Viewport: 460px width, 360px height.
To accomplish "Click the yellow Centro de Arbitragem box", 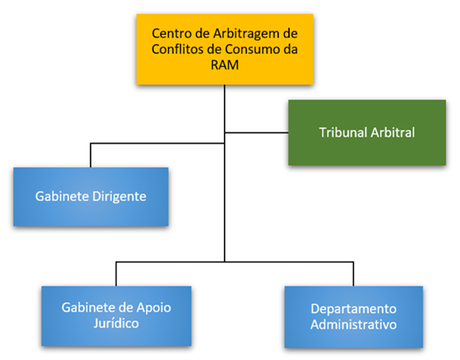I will (x=224, y=49).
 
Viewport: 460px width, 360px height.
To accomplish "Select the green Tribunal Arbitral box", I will (x=366, y=133).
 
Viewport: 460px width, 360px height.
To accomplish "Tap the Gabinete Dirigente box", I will (x=90, y=197).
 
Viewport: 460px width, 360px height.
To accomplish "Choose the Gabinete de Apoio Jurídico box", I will (x=116, y=316).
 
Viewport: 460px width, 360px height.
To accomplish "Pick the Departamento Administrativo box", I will (x=353, y=316).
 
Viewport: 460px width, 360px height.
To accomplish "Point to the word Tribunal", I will (x=342, y=133).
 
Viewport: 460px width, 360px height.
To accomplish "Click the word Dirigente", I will (x=119, y=197).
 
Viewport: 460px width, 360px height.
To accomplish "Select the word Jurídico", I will (x=116, y=324).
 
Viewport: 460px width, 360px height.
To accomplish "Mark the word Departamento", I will (x=353, y=309).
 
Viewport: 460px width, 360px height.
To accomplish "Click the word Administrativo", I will (x=353, y=325).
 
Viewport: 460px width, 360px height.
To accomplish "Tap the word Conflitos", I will (x=178, y=50).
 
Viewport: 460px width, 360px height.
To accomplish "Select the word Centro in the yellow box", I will (x=171, y=34).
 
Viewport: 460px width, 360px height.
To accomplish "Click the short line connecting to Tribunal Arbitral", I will (x=256, y=133).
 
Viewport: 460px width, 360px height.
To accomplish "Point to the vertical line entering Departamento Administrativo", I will (x=353, y=274).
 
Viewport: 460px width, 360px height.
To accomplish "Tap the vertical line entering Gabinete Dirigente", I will (x=90, y=155).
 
